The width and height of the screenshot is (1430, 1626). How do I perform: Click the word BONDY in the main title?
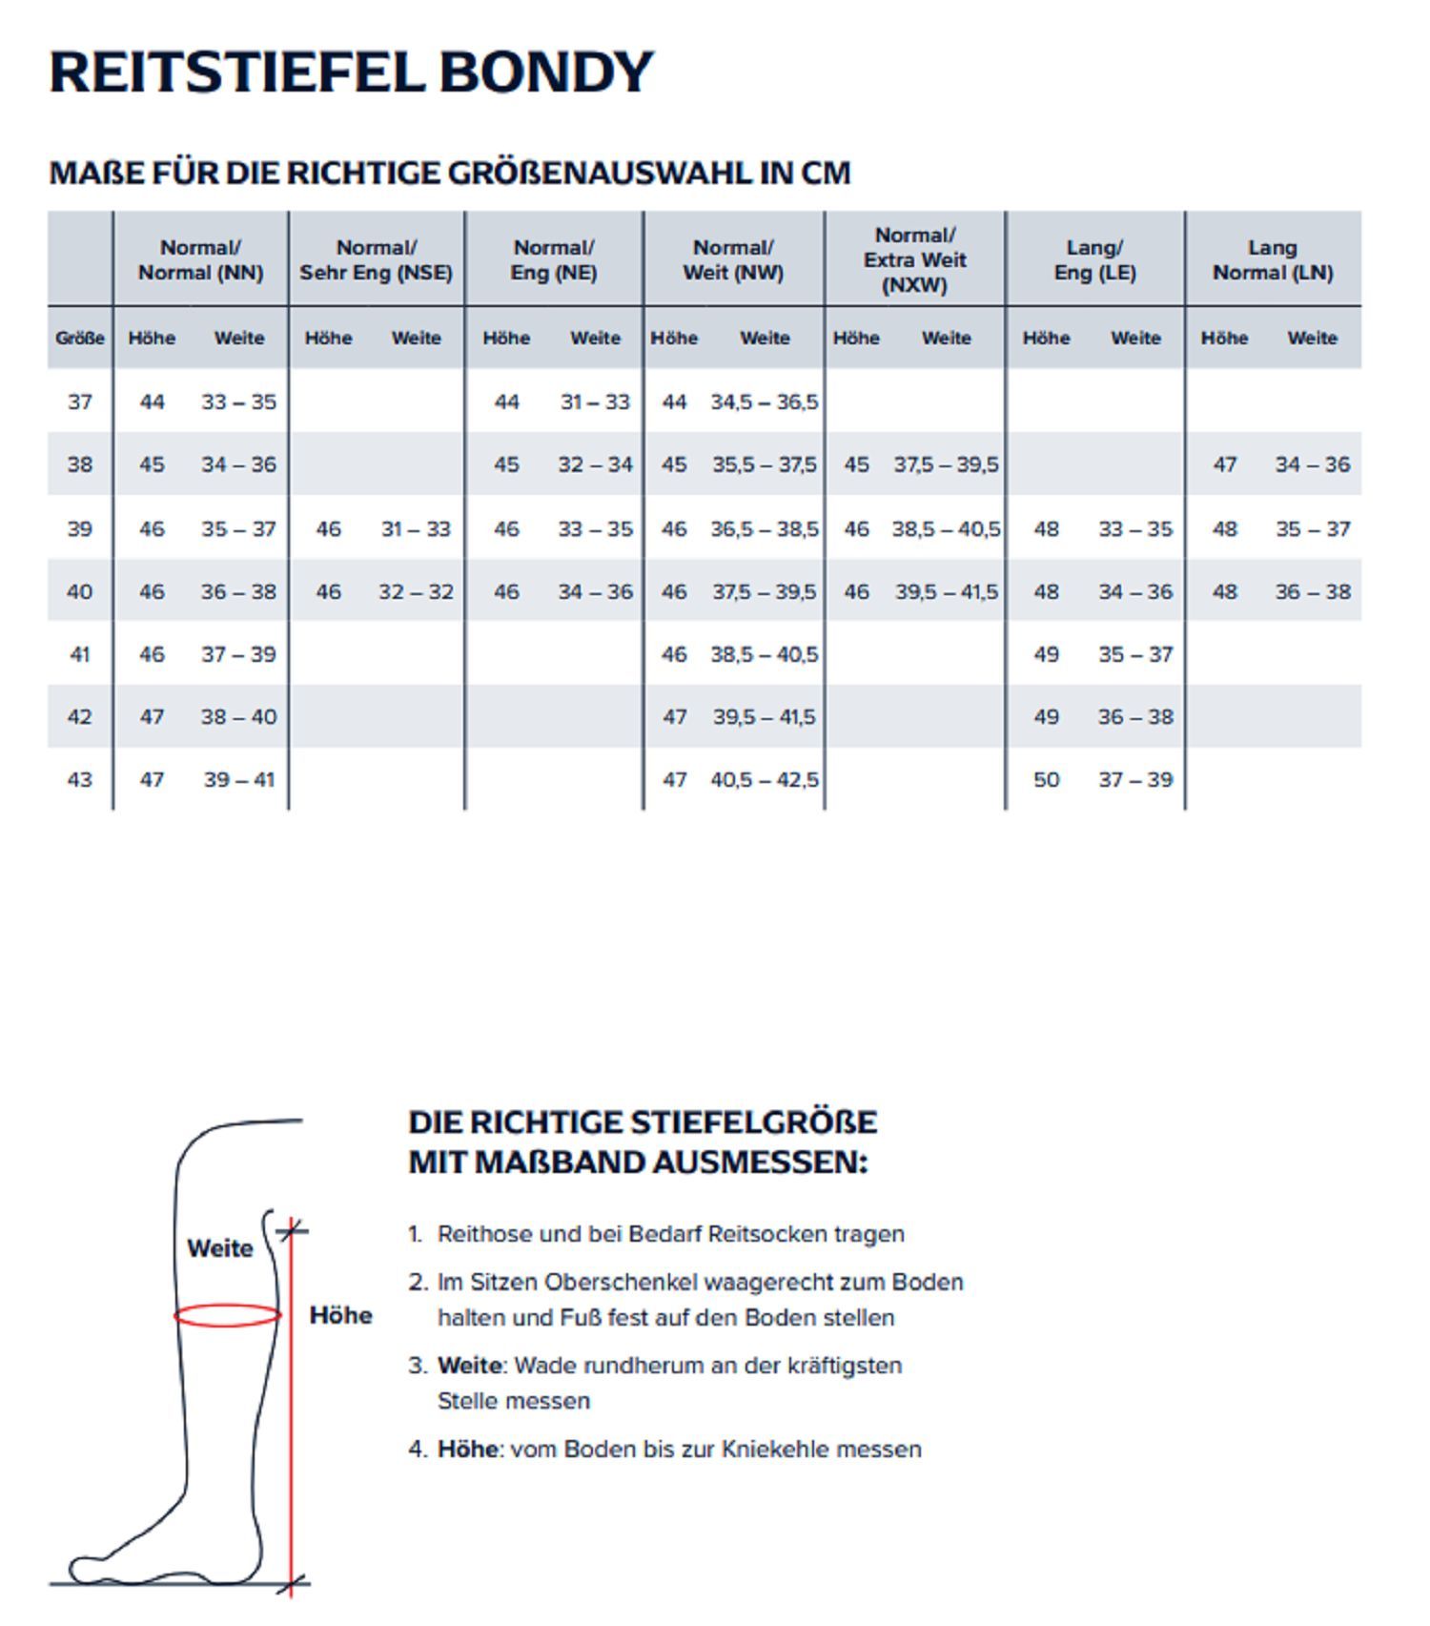tap(545, 72)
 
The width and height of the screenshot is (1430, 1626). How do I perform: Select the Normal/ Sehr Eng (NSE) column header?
tap(376, 260)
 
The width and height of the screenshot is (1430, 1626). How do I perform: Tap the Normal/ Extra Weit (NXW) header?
tap(914, 260)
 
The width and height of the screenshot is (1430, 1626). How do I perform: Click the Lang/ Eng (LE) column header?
tap(1094, 260)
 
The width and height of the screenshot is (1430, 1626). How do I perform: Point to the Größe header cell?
tap(80, 339)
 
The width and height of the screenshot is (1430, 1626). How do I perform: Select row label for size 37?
tap(80, 402)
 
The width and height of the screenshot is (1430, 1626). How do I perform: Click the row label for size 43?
tap(80, 780)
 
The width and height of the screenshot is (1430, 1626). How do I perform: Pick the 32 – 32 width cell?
tap(416, 592)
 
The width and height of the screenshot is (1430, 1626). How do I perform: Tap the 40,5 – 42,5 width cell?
tap(765, 780)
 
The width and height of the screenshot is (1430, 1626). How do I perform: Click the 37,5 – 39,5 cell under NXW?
tap(946, 465)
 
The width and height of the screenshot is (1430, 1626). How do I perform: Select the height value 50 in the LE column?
tap(1046, 780)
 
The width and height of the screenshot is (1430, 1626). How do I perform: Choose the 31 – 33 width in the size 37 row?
tap(595, 402)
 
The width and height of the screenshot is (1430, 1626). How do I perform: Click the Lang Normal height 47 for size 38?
tap(1224, 465)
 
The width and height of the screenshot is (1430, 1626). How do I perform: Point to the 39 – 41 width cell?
tap(238, 780)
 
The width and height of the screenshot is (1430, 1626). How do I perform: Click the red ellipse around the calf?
tap(227, 1316)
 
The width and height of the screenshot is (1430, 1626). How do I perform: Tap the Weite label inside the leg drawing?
tap(220, 1248)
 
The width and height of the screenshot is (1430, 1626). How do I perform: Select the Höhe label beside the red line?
tap(340, 1316)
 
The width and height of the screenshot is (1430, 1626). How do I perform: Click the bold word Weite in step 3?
tap(469, 1366)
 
